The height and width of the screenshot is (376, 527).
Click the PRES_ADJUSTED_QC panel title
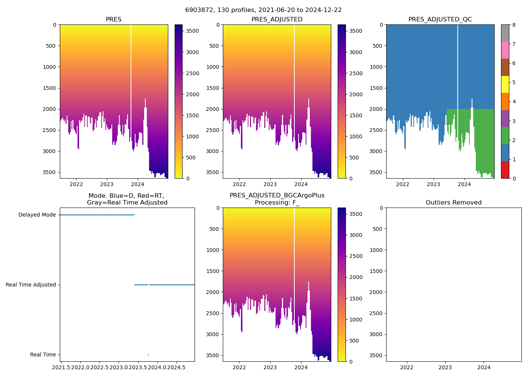(440, 20)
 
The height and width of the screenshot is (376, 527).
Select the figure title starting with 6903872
(263, 10)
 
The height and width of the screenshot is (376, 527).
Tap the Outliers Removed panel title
(454, 203)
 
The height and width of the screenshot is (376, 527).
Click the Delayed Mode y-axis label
(37, 215)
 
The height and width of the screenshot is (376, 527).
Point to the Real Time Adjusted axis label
(31, 285)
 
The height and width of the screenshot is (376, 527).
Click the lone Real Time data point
(148, 355)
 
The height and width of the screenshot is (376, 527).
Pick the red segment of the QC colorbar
(505, 170)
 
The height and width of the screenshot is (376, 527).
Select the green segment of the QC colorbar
(505, 135)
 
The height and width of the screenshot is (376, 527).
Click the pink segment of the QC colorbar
(505, 50)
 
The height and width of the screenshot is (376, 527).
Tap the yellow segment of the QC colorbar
(505, 84)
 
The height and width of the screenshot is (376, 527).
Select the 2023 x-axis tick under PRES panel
(107, 184)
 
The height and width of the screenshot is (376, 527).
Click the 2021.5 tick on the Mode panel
(61, 367)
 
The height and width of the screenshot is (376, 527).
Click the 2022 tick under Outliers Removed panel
(407, 367)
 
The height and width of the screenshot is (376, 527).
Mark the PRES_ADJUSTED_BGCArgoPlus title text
(277, 196)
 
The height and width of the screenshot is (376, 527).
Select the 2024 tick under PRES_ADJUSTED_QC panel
(464, 184)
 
